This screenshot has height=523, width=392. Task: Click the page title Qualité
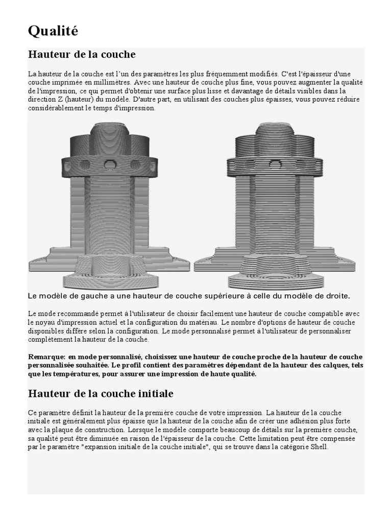coord(53,32)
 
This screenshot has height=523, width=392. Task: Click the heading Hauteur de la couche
coord(82,54)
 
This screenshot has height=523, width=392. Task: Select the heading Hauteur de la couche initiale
coord(101,394)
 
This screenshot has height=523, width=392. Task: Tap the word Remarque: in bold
coord(46,356)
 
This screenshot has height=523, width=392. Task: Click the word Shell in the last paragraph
coord(319,447)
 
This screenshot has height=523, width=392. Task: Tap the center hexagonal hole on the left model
coord(109,164)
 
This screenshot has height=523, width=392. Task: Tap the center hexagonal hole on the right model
coord(275,164)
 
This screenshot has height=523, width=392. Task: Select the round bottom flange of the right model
coord(276,278)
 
